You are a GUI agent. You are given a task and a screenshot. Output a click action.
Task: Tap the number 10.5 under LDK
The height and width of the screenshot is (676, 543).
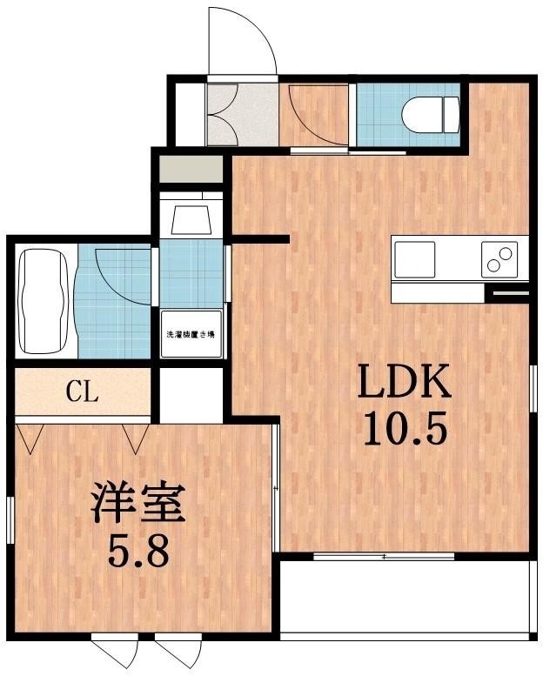pos(402,428)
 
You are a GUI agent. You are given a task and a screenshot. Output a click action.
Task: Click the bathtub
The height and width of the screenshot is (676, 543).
pos(45,300)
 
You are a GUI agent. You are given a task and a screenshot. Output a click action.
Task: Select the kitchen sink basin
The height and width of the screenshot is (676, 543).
pos(414,258)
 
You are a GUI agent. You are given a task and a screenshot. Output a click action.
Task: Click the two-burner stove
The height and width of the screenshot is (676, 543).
pos(501,259)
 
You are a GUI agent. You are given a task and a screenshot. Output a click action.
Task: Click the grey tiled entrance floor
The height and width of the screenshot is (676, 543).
pos(242,113)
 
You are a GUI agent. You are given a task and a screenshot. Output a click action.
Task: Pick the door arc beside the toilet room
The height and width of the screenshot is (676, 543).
pos(315,115)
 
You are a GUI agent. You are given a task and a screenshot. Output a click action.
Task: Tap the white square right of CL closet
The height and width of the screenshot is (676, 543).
pos(191,396)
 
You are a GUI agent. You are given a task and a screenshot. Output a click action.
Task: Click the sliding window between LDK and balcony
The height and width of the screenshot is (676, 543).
pos(383,556)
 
